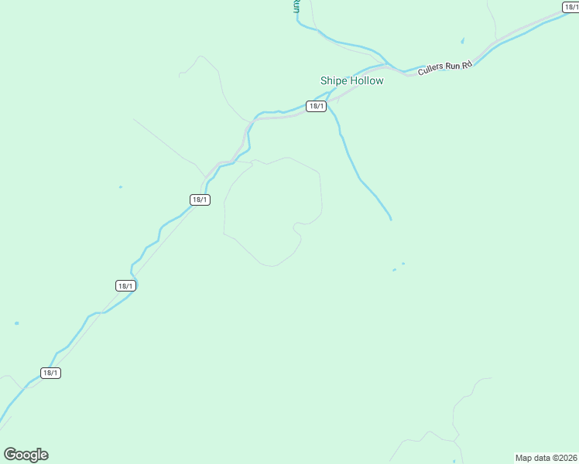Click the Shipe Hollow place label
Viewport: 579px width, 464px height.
pos(351,80)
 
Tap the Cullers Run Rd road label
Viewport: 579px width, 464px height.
pos(444,67)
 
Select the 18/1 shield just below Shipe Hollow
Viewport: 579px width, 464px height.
pos(315,106)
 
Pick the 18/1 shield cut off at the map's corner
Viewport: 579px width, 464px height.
pos(571,7)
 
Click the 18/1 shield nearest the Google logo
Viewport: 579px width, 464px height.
pos(50,373)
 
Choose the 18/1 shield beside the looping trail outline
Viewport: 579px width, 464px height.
pos(200,200)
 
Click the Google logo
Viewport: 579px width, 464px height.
pos(26,455)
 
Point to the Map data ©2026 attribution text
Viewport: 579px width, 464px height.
pos(546,458)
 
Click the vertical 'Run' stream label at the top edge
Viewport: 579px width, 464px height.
pos(296,6)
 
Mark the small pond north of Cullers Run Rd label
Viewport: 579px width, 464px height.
pos(463,40)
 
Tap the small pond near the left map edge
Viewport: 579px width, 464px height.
pos(16,323)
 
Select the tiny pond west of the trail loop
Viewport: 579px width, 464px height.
pos(120,186)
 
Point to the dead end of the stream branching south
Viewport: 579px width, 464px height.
pos(391,220)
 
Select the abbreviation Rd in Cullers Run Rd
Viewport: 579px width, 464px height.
pos(467,64)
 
